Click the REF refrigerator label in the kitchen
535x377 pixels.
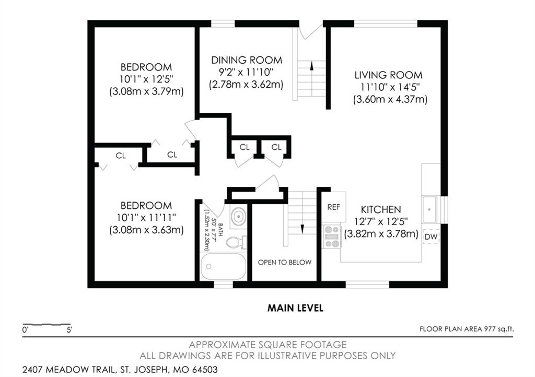click(x=333, y=207)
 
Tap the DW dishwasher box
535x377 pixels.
click(x=431, y=237)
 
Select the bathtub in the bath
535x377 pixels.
click(x=223, y=266)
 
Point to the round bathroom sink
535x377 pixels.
click(x=238, y=216)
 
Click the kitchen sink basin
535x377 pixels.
click(x=429, y=209)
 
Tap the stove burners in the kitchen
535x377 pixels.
click(x=332, y=237)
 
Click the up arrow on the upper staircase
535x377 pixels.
click(x=311, y=65)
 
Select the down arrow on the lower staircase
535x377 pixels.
click(x=302, y=229)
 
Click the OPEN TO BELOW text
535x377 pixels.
click(x=285, y=262)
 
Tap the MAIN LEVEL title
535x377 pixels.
click(x=295, y=308)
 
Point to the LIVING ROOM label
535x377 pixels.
click(x=388, y=75)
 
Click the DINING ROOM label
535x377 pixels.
click(x=247, y=61)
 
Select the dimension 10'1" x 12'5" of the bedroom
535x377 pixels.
click(x=146, y=79)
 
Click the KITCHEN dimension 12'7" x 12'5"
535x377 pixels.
click(x=381, y=222)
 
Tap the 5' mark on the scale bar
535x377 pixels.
click(x=69, y=330)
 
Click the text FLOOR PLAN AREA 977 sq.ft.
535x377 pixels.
click(x=467, y=329)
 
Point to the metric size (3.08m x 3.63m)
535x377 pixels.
click(x=146, y=230)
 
